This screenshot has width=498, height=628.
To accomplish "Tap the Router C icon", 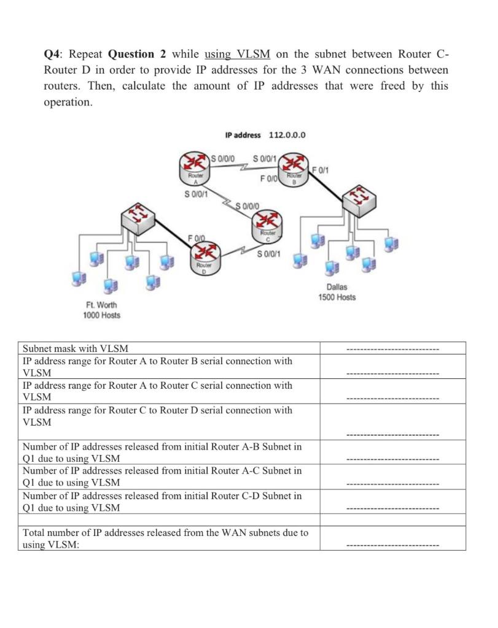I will point(267,224).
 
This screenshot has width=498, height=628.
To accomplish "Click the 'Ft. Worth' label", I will point(101,305).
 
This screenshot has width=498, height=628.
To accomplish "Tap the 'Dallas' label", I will point(337,287).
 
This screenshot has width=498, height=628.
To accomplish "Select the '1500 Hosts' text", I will point(337,297).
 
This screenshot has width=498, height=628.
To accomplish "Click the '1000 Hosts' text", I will point(101,315).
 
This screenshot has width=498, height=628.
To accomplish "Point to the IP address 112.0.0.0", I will point(265,135).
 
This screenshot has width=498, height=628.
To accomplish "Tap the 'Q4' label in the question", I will point(54,54).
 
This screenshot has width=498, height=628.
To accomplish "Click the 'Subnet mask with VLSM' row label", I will point(76,348).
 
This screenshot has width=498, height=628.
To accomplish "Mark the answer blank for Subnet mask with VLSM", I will point(392,350).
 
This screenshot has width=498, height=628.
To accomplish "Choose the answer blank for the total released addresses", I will point(392,545).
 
